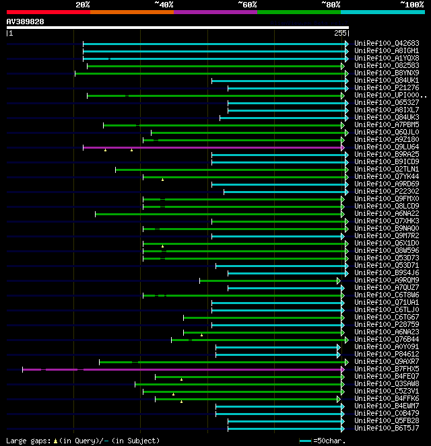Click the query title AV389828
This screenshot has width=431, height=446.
click(x=26, y=22)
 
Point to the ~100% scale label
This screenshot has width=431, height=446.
click(x=412, y=5)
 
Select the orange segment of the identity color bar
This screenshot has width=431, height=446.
click(x=132, y=12)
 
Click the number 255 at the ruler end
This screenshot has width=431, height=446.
click(x=339, y=33)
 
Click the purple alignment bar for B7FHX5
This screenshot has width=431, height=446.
click(x=182, y=369)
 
